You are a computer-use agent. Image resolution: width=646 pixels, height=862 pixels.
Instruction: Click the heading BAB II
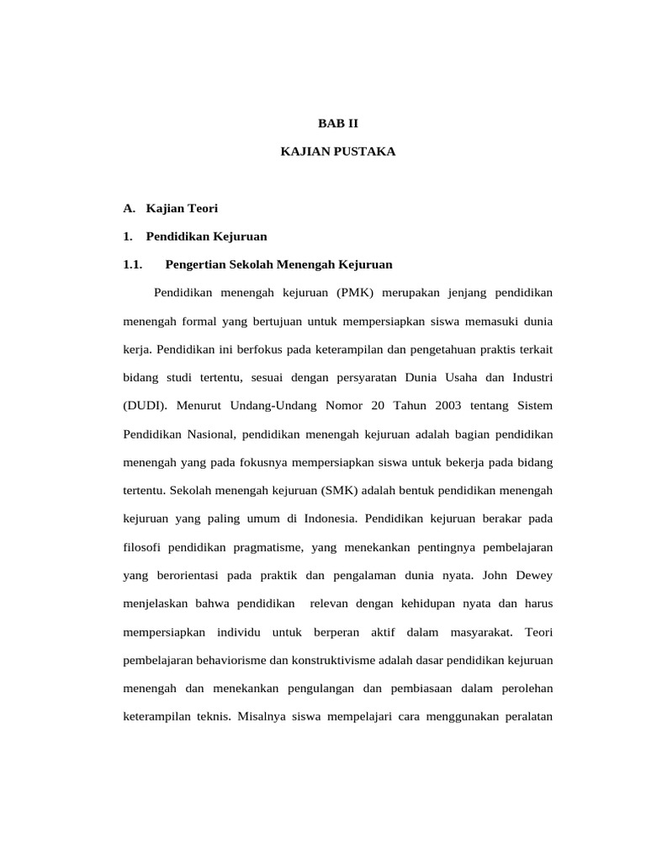[337, 123]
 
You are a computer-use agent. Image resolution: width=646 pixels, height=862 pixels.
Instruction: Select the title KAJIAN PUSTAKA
[337, 152]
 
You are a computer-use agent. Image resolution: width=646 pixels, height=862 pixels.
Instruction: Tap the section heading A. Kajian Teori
[171, 207]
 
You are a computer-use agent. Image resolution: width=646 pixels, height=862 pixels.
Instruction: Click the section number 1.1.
[135, 264]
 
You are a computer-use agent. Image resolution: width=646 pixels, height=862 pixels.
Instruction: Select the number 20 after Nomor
[378, 406]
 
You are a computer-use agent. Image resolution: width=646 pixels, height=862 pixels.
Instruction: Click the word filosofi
[144, 547]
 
